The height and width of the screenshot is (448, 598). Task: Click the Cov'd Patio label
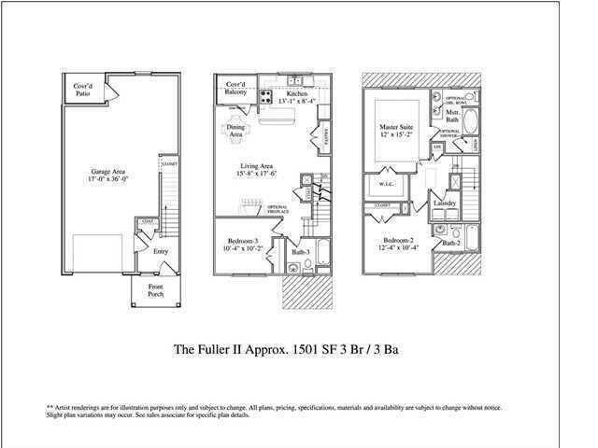[87, 90]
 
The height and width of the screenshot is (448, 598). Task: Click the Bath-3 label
[299, 252]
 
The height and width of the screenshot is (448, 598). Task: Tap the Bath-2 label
[451, 243]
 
